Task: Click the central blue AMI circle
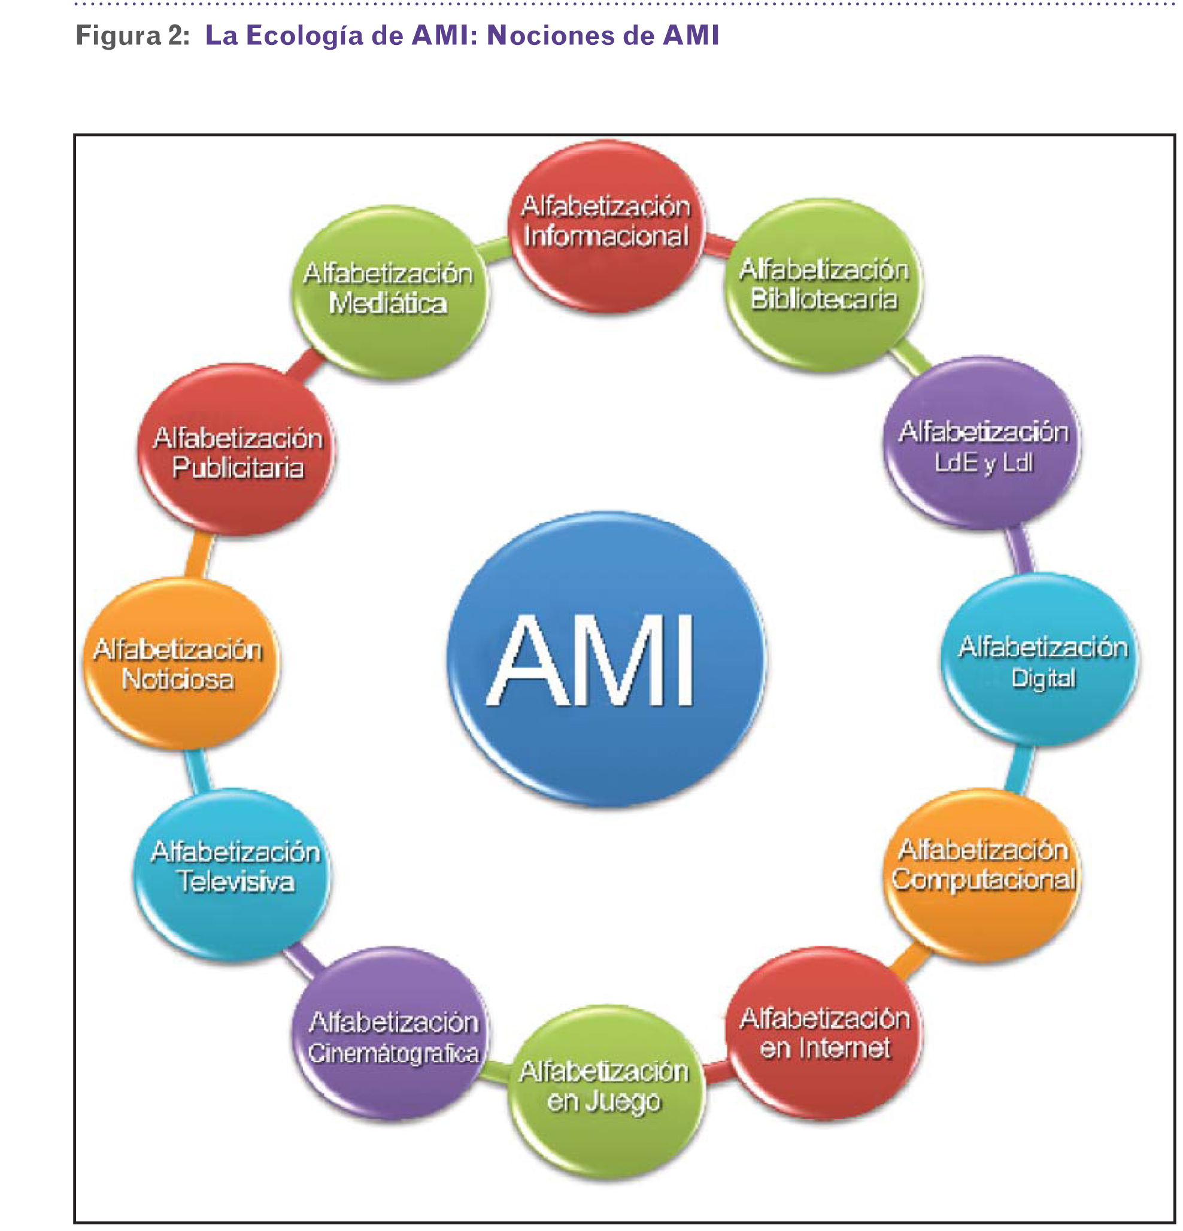606,659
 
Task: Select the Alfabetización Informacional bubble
606,226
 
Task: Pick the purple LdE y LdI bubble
982,443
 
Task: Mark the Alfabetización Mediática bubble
389,292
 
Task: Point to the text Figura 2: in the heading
132,36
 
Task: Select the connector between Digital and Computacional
1018,769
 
